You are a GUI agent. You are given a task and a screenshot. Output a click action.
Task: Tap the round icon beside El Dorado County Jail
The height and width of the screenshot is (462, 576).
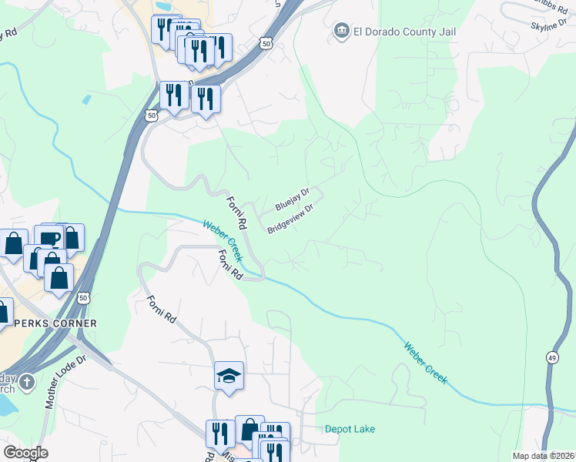[x=340, y=32]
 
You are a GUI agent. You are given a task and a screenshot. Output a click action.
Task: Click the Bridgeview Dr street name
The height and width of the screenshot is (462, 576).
[x=291, y=219]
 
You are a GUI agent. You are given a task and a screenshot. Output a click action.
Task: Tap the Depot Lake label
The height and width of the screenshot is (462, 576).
[x=350, y=429]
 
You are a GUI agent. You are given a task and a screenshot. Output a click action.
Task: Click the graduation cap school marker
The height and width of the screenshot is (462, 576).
[x=229, y=376]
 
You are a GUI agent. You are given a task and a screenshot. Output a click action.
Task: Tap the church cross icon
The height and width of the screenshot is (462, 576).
[x=27, y=383]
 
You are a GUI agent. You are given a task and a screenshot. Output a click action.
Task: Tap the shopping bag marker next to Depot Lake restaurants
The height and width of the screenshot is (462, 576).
[x=249, y=430]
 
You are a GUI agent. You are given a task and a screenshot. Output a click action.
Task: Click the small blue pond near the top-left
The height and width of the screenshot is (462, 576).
[x=85, y=99]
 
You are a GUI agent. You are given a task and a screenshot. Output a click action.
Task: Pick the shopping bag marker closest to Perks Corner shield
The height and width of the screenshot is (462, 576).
[x=59, y=278]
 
